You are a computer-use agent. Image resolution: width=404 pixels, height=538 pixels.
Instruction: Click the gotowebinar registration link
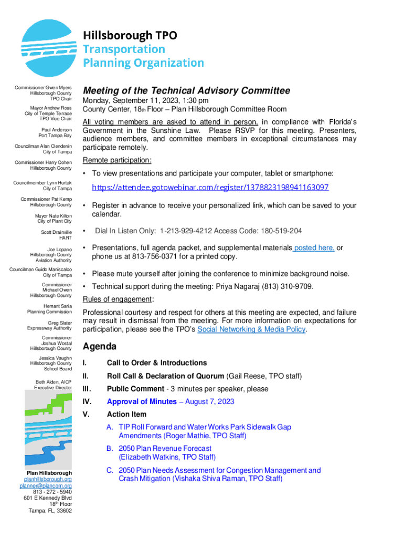pos(210,188)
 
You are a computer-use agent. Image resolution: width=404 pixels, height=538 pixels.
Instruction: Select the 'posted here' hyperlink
pos(314,248)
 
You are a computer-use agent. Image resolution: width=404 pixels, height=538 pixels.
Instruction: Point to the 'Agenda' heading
pos(100,347)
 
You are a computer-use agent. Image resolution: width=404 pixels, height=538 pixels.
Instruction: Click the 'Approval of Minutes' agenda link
pos(142,402)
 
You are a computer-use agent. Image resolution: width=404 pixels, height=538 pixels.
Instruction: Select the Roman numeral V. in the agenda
pos(86,415)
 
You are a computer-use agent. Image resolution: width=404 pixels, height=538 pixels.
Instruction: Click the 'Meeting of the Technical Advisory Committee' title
pos(187,91)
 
